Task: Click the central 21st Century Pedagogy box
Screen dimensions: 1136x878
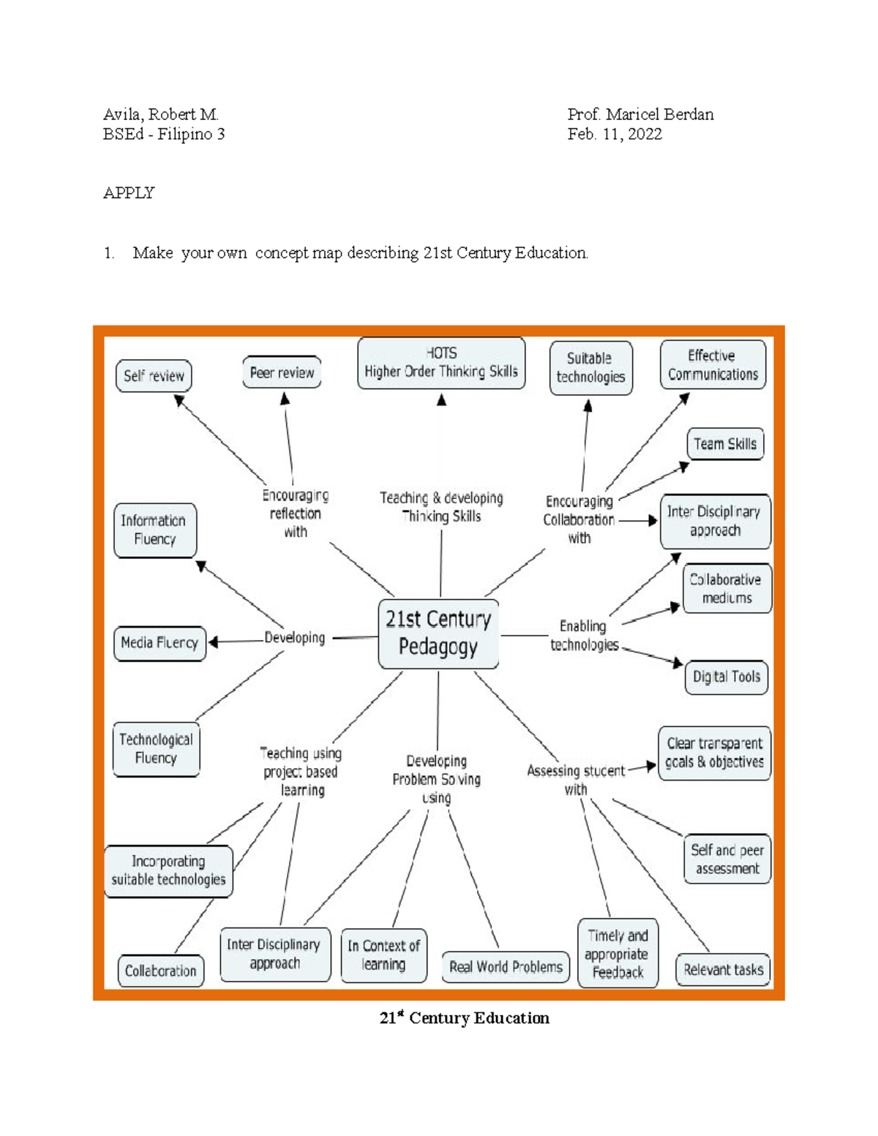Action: pyautogui.click(x=438, y=633)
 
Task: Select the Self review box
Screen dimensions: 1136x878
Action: pyautogui.click(x=154, y=376)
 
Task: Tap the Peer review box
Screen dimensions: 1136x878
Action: pyautogui.click(x=282, y=372)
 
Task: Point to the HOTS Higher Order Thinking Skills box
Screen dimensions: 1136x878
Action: pyautogui.click(x=441, y=363)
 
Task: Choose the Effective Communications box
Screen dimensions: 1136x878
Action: pyautogui.click(x=713, y=365)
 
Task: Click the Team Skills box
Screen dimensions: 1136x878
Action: pyautogui.click(x=725, y=444)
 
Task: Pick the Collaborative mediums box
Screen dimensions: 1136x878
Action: pyautogui.click(x=727, y=588)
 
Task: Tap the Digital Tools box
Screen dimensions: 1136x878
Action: pyautogui.click(x=726, y=677)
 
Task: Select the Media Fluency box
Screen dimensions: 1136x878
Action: pyautogui.click(x=160, y=643)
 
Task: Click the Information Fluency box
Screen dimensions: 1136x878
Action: pyautogui.click(x=154, y=530)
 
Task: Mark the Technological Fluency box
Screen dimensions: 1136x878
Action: pyautogui.click(x=156, y=749)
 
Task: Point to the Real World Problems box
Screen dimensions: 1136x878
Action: pyautogui.click(x=506, y=967)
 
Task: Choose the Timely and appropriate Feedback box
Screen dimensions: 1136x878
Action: pyautogui.click(x=618, y=954)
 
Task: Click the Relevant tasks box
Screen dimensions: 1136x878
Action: pyautogui.click(x=723, y=970)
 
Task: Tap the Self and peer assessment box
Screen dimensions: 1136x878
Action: pyautogui.click(x=727, y=859)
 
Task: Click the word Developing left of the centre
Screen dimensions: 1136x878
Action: pyautogui.click(x=295, y=638)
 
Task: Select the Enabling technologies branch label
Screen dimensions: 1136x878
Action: pyautogui.click(x=583, y=635)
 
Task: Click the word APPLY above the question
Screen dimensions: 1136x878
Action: pyautogui.click(x=129, y=193)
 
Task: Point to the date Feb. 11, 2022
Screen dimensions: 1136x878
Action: pyautogui.click(x=615, y=135)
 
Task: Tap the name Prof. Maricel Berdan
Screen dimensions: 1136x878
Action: pyautogui.click(x=640, y=115)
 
